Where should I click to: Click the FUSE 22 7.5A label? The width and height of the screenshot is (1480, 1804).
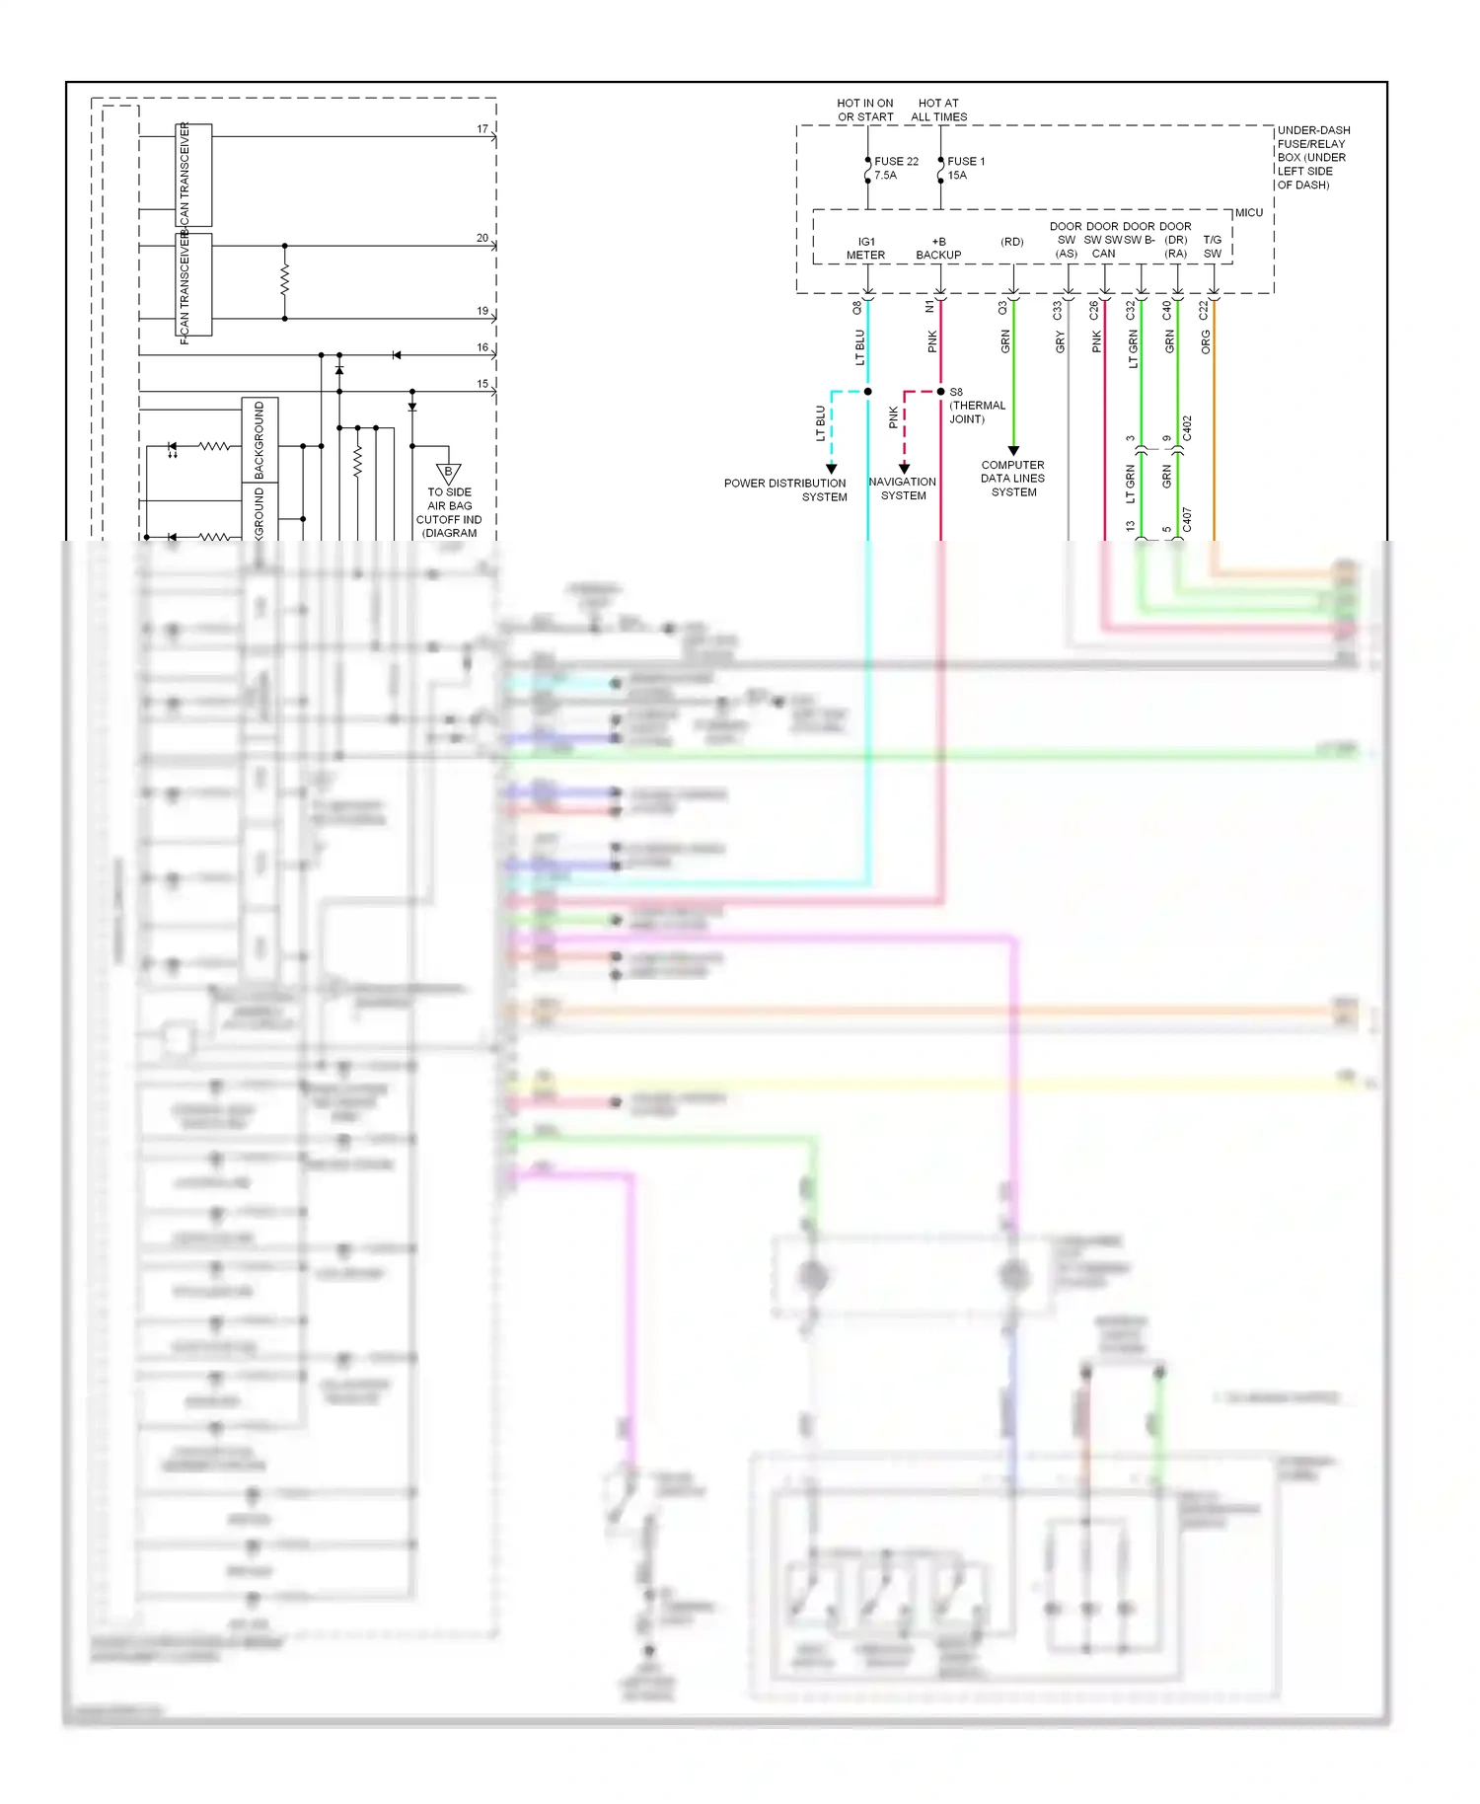[x=896, y=168]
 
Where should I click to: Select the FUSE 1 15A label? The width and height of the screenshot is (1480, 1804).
[x=965, y=168]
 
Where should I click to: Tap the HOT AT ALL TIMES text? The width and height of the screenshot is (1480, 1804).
[x=938, y=110]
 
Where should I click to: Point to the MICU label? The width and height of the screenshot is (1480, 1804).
[x=1248, y=213]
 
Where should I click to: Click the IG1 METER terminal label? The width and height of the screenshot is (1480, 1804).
[x=865, y=249]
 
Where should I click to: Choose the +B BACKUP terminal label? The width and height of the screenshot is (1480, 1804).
[x=938, y=249]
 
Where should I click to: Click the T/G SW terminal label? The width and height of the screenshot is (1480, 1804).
[x=1212, y=247]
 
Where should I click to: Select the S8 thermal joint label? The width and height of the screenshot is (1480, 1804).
[x=976, y=406]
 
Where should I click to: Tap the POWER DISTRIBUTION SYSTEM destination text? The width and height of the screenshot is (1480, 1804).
[x=785, y=490]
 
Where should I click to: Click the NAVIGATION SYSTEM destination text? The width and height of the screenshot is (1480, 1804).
[x=903, y=489]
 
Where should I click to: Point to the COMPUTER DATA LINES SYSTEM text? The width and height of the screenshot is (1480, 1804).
[x=1012, y=479]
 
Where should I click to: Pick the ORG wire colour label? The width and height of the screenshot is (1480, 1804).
[x=1206, y=342]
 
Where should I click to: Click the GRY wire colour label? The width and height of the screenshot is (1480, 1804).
[x=1061, y=342]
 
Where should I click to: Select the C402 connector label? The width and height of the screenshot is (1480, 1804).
[x=1187, y=428]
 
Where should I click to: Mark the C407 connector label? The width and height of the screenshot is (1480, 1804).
[x=1187, y=520]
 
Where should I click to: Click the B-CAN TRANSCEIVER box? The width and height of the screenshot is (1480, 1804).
[x=193, y=176]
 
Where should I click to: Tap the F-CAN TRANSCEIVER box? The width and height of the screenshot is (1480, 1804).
[x=193, y=284]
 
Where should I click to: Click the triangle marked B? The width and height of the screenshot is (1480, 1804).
[x=449, y=474]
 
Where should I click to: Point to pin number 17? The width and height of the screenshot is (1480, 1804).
[x=482, y=129]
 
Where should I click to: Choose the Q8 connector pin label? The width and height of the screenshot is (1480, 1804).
[x=857, y=308]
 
